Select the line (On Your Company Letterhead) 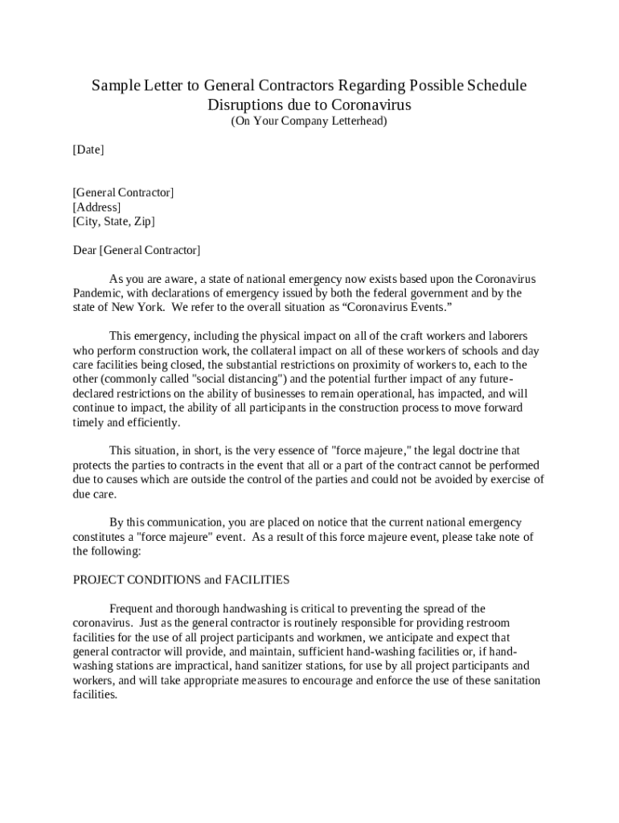coord(309,121)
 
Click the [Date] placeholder coord(88,149)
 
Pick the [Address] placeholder coord(96,207)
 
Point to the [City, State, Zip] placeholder coord(113,221)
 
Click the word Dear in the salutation coord(84,250)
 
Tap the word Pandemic coord(99,293)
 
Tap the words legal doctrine coord(461,450)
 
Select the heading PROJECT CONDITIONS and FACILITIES coord(181,579)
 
